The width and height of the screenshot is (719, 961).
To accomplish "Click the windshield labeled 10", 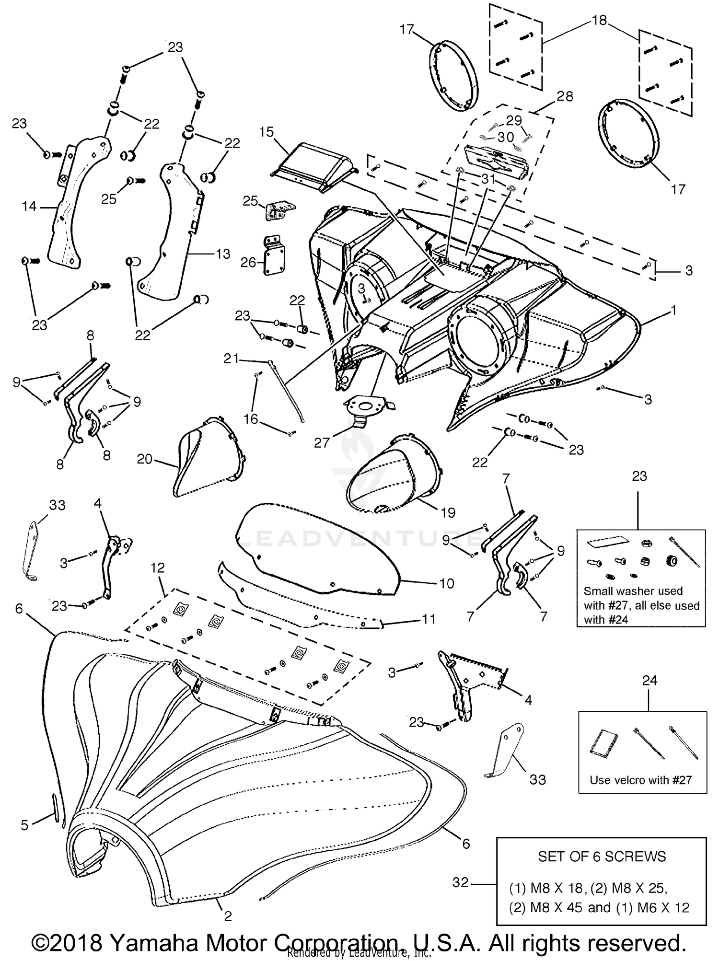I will (316, 551).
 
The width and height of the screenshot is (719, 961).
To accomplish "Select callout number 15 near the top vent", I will (267, 132).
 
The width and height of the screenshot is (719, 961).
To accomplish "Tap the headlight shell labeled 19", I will (393, 475).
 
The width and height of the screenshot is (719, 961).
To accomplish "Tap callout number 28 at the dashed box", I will (565, 96).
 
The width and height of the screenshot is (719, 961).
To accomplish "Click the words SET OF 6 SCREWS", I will (602, 856).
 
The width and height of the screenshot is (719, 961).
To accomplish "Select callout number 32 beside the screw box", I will (461, 882).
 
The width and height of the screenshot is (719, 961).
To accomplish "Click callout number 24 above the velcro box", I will (649, 681).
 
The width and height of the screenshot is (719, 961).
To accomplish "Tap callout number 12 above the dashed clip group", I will (157, 568).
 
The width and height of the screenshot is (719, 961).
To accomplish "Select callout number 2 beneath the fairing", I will (228, 916).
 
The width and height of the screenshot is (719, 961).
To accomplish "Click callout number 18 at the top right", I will (599, 20).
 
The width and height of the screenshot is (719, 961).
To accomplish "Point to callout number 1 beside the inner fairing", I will (673, 311).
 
